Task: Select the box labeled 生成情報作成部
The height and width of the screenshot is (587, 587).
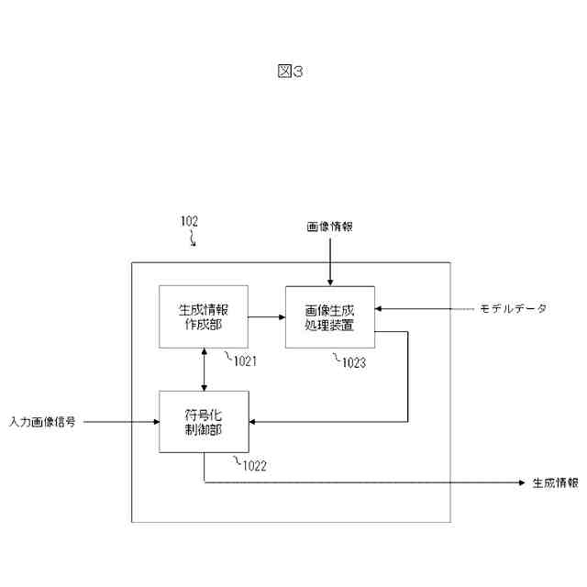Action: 204,316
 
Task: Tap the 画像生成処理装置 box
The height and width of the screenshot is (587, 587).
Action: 330,316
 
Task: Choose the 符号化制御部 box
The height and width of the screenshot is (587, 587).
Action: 204,421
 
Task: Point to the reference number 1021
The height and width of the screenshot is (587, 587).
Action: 244,361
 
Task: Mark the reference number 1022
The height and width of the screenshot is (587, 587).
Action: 254,466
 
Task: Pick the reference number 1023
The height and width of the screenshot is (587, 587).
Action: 353,363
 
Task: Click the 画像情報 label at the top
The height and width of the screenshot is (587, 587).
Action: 329,225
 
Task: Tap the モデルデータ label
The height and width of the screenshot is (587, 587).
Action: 513,309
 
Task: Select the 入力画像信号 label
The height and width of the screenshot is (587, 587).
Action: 42,422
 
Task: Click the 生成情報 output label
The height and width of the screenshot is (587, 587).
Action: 555,482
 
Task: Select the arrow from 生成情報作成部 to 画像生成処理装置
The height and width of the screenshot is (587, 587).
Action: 266,317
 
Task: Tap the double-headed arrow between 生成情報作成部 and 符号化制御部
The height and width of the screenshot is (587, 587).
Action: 204,369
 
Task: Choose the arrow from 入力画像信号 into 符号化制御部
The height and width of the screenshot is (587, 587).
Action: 119,422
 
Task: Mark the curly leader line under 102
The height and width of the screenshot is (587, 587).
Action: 193,240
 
